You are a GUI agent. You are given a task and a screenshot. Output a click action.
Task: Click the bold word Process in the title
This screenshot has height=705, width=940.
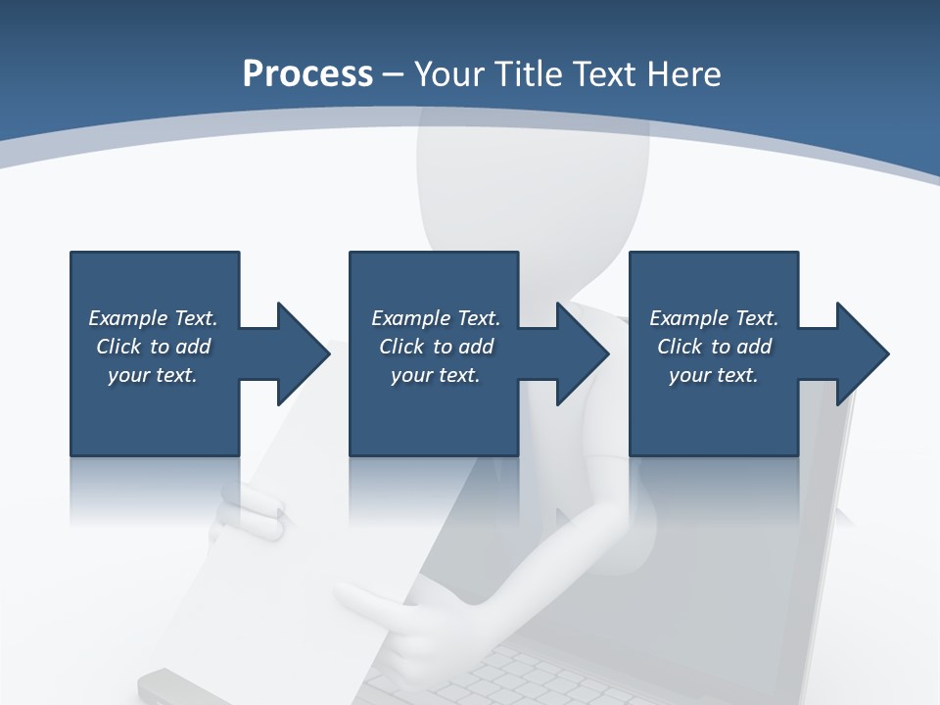click(x=307, y=74)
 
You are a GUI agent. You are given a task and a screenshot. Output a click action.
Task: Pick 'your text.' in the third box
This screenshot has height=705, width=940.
click(x=713, y=375)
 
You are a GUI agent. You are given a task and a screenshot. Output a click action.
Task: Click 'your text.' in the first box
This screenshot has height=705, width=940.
click(x=152, y=375)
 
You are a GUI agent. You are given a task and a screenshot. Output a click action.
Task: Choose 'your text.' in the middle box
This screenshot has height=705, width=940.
click(x=435, y=375)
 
